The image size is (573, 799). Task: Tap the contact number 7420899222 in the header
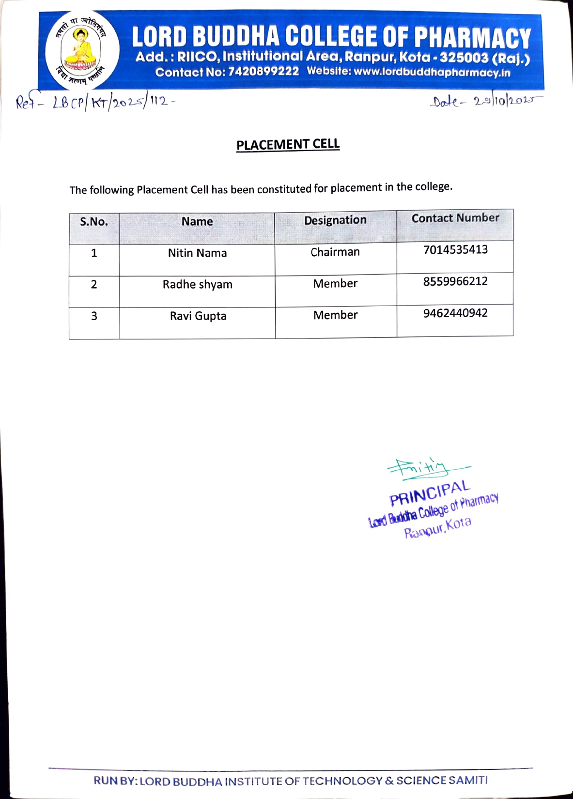tap(264, 72)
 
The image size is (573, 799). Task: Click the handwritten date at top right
tap(485, 101)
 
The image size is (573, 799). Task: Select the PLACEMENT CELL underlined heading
tap(288, 145)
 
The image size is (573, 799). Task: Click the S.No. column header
tap(94, 222)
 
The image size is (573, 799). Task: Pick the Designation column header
tap(335, 220)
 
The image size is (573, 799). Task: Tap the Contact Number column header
tap(455, 218)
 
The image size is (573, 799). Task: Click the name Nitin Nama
tap(197, 253)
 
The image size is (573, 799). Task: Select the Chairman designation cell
tap(335, 252)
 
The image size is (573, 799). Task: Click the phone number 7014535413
tap(455, 250)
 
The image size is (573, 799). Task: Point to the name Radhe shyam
tap(197, 284)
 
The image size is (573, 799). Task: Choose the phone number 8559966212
tap(455, 281)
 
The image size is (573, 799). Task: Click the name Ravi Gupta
tap(198, 316)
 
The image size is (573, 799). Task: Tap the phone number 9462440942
tap(455, 313)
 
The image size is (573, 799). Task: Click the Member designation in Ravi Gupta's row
tap(335, 315)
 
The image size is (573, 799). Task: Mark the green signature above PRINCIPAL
tap(426, 468)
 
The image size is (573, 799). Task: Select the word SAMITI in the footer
tap(468, 780)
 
